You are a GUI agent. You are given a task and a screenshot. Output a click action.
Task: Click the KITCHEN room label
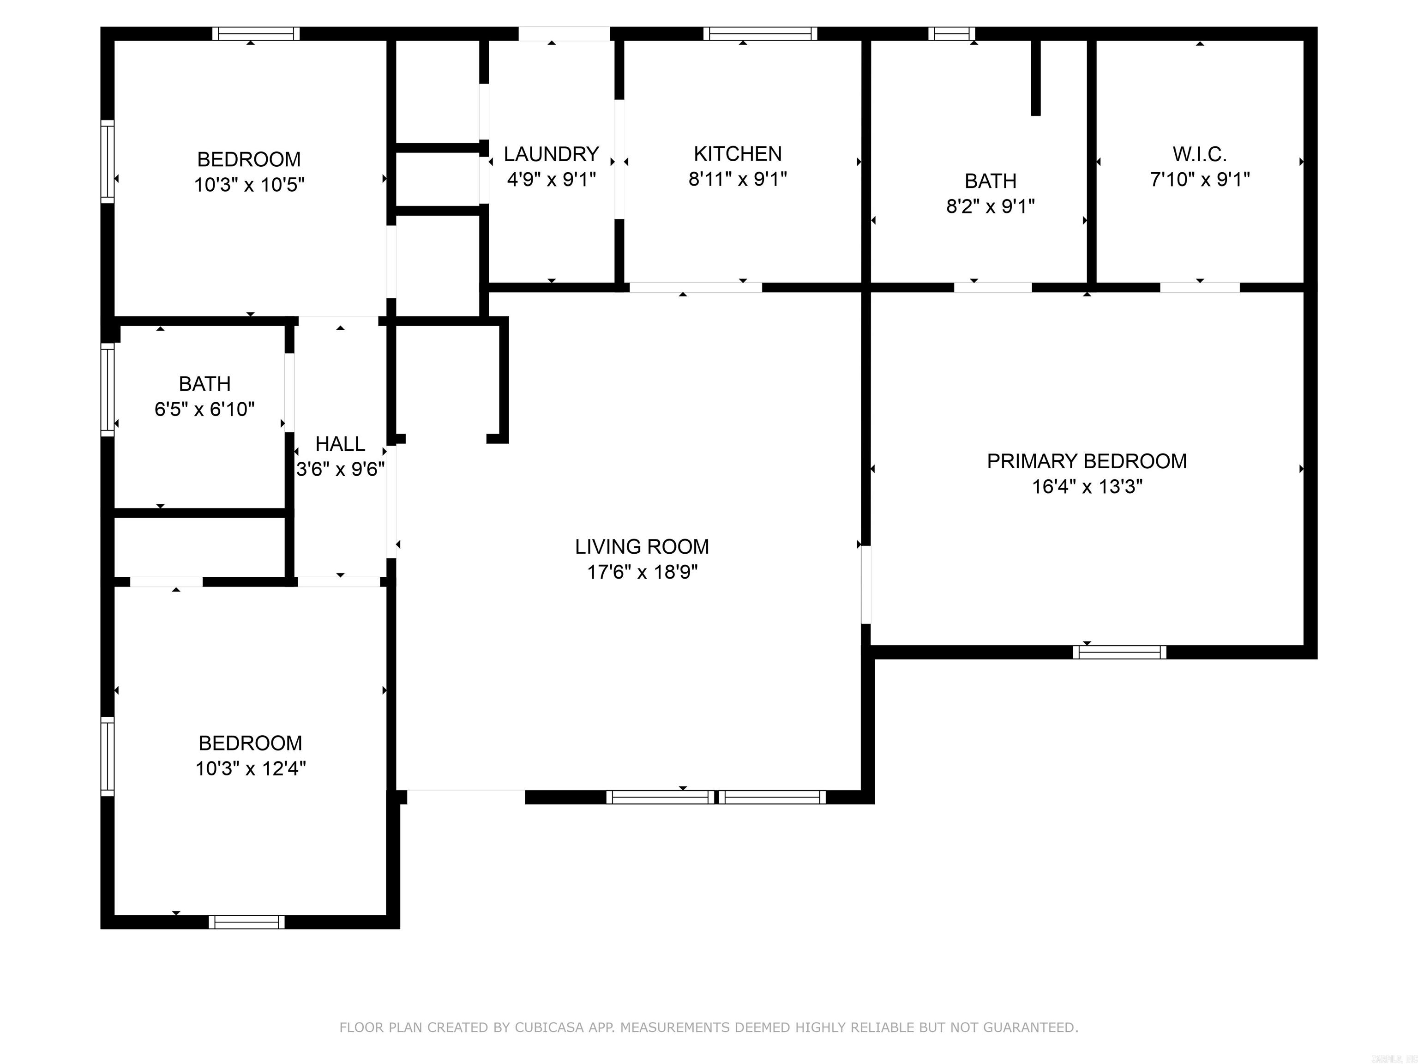click(737, 154)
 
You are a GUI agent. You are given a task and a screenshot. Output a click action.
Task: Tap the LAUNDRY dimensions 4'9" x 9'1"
click(551, 180)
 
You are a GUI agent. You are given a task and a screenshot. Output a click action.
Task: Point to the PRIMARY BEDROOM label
click(1087, 461)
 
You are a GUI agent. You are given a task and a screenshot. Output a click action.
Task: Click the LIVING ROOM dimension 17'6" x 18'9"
click(643, 572)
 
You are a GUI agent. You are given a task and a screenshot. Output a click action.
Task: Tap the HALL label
click(340, 444)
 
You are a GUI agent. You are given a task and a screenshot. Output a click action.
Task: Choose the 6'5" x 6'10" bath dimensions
click(204, 409)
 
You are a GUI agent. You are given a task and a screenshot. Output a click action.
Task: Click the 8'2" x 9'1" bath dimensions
click(991, 206)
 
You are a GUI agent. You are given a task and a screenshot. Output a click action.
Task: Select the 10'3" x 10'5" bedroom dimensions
click(249, 185)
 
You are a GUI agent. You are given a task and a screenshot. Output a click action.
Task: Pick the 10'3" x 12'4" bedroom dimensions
click(250, 768)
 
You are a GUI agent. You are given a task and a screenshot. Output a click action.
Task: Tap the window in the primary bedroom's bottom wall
click(1119, 652)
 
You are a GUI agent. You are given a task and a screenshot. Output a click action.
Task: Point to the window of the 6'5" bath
click(108, 389)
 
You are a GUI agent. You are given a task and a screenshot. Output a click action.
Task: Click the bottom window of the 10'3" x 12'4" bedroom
click(247, 922)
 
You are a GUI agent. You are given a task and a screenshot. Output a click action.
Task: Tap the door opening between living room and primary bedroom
click(865, 584)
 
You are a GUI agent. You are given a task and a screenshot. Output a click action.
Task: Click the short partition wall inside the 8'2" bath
click(1035, 77)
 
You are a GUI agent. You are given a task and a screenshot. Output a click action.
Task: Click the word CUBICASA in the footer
click(549, 1028)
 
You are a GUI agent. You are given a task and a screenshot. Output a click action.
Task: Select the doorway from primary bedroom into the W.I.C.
click(1199, 287)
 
